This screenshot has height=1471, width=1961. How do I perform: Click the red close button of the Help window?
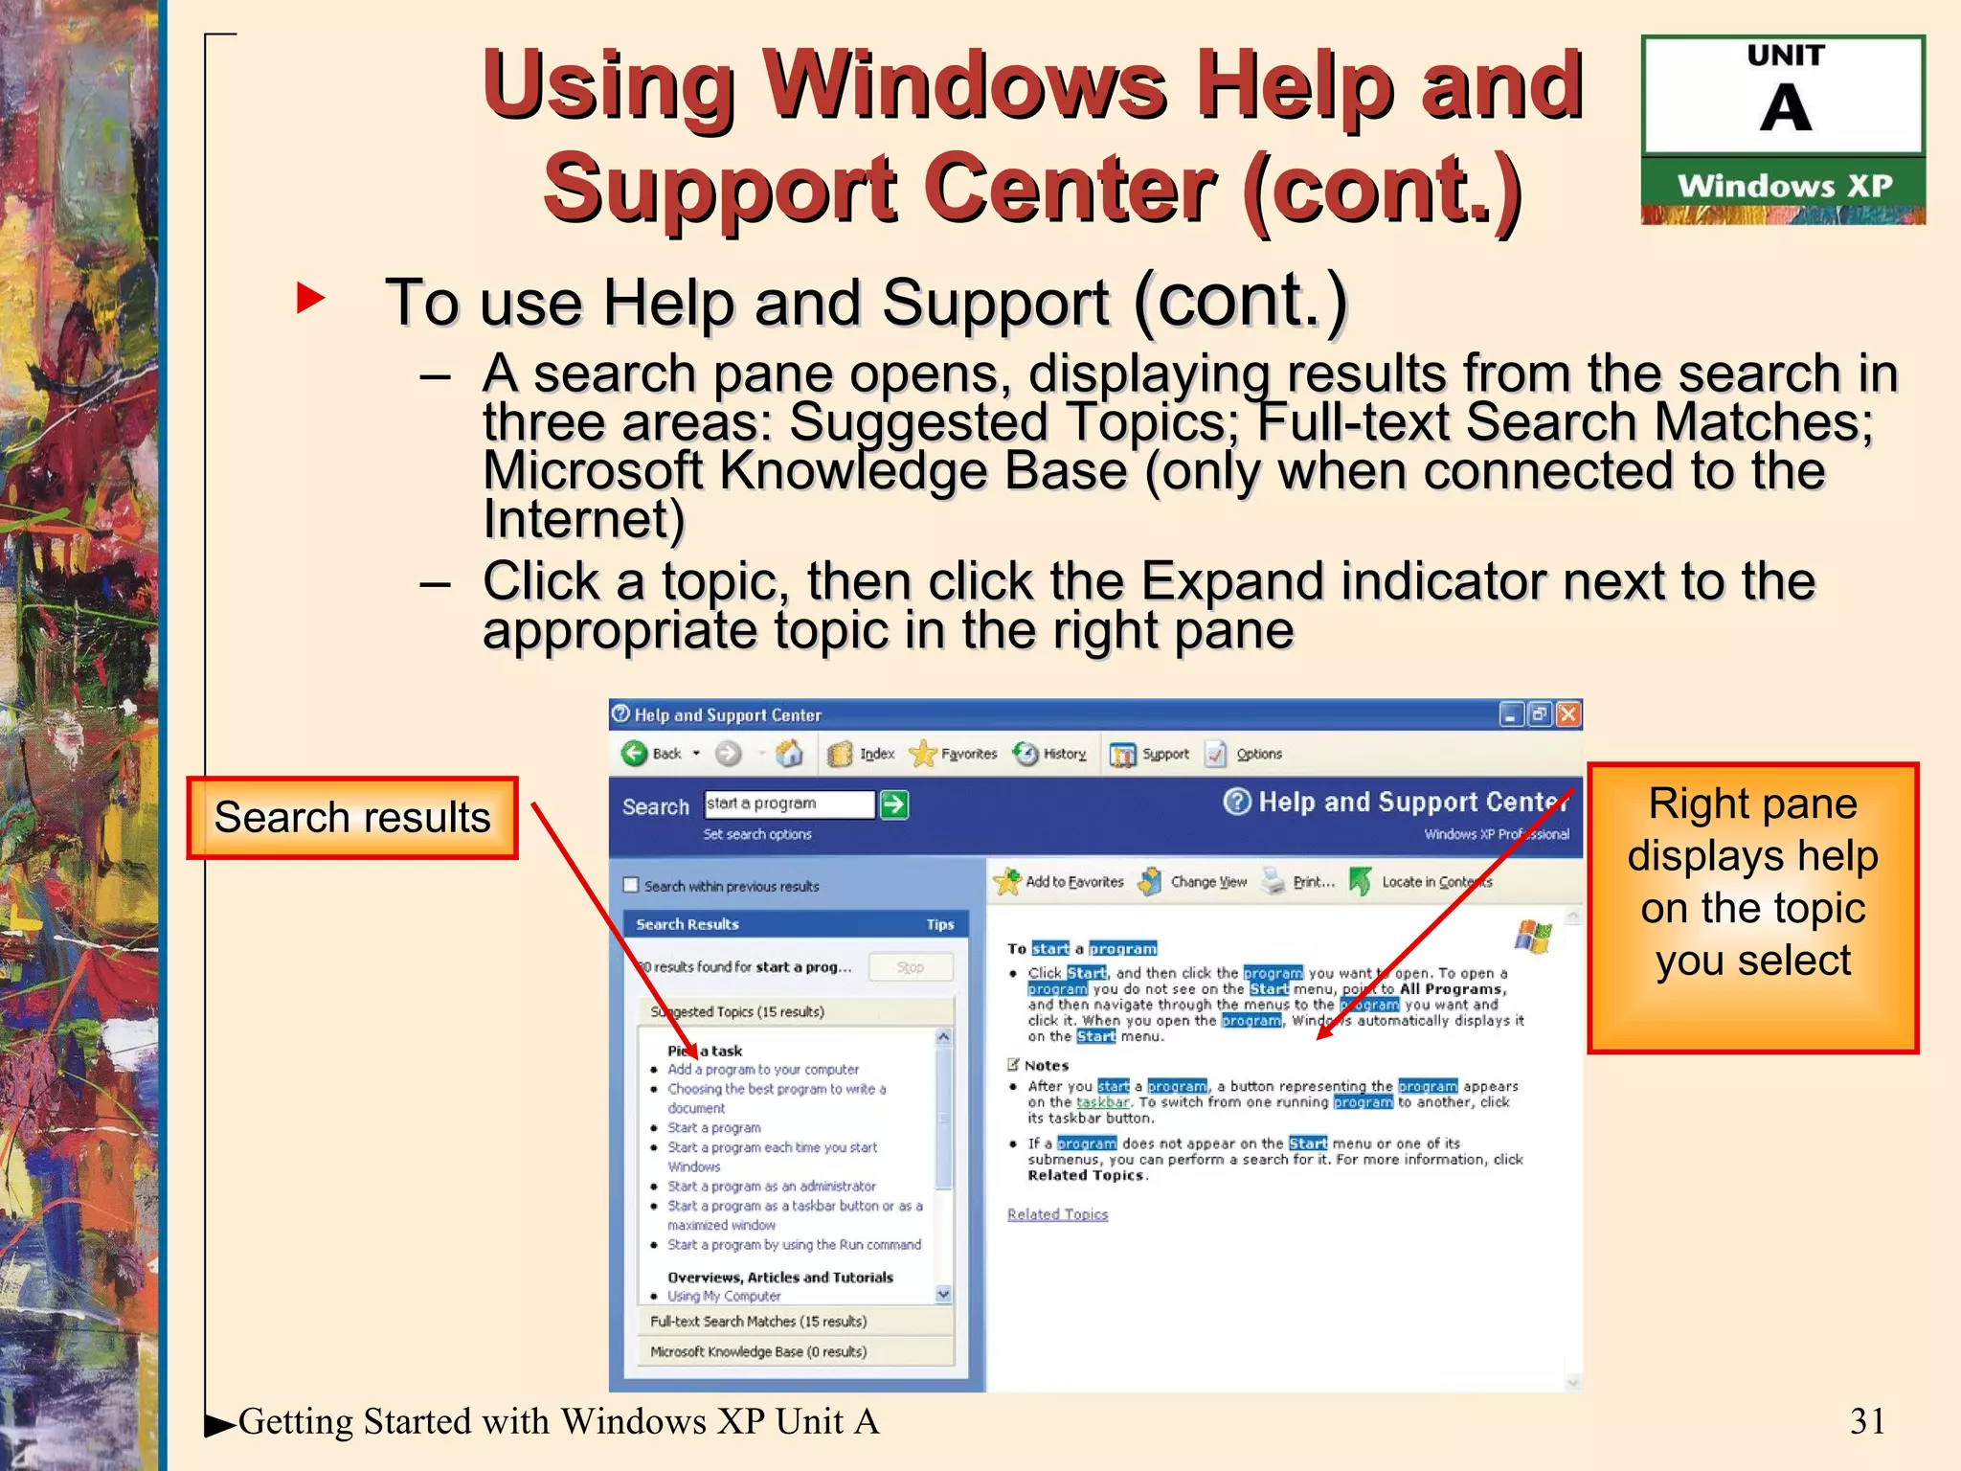coord(1568,714)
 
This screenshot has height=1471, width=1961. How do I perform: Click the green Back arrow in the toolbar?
coord(634,754)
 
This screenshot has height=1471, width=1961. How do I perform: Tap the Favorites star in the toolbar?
coord(923,755)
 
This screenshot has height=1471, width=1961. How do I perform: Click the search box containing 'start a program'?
coord(789,804)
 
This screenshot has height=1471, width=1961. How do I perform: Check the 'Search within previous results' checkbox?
coord(631,885)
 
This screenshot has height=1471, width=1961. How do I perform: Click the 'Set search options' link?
coord(757,834)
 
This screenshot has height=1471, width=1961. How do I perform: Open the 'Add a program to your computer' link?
coord(763,1069)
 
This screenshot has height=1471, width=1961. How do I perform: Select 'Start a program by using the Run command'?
coord(794,1245)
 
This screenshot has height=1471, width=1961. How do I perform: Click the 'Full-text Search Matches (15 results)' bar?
coord(758,1322)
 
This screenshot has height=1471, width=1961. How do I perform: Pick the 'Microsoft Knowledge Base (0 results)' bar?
coord(758,1352)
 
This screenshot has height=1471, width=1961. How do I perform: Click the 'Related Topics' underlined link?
coord(1057,1214)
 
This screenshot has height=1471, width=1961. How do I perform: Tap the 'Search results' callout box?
coord(352,818)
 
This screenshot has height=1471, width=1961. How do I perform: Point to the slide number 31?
coord(1867,1421)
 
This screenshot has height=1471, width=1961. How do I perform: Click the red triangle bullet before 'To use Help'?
coord(310,298)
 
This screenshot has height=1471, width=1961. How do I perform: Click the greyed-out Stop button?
coord(911,967)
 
